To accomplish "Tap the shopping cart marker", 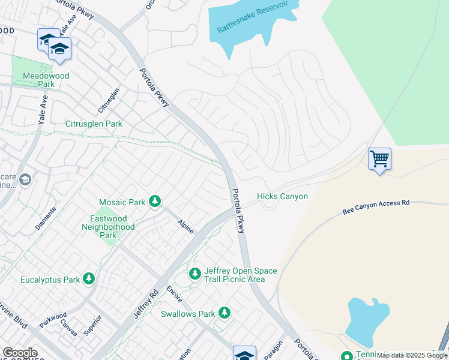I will [379, 160].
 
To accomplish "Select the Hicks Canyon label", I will [282, 197].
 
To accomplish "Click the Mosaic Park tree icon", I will [155, 202].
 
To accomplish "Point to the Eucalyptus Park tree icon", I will [89, 279].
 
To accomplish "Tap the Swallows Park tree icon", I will [224, 313].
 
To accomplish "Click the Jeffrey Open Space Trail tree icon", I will [194, 274].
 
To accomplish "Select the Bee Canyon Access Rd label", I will [376, 207].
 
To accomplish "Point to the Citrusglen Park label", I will [94, 124].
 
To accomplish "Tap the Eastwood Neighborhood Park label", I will [107, 227].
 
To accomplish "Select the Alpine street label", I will [185, 227].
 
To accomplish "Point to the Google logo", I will [20, 353].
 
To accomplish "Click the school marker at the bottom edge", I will [244, 354].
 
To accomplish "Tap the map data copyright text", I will [412, 355].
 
